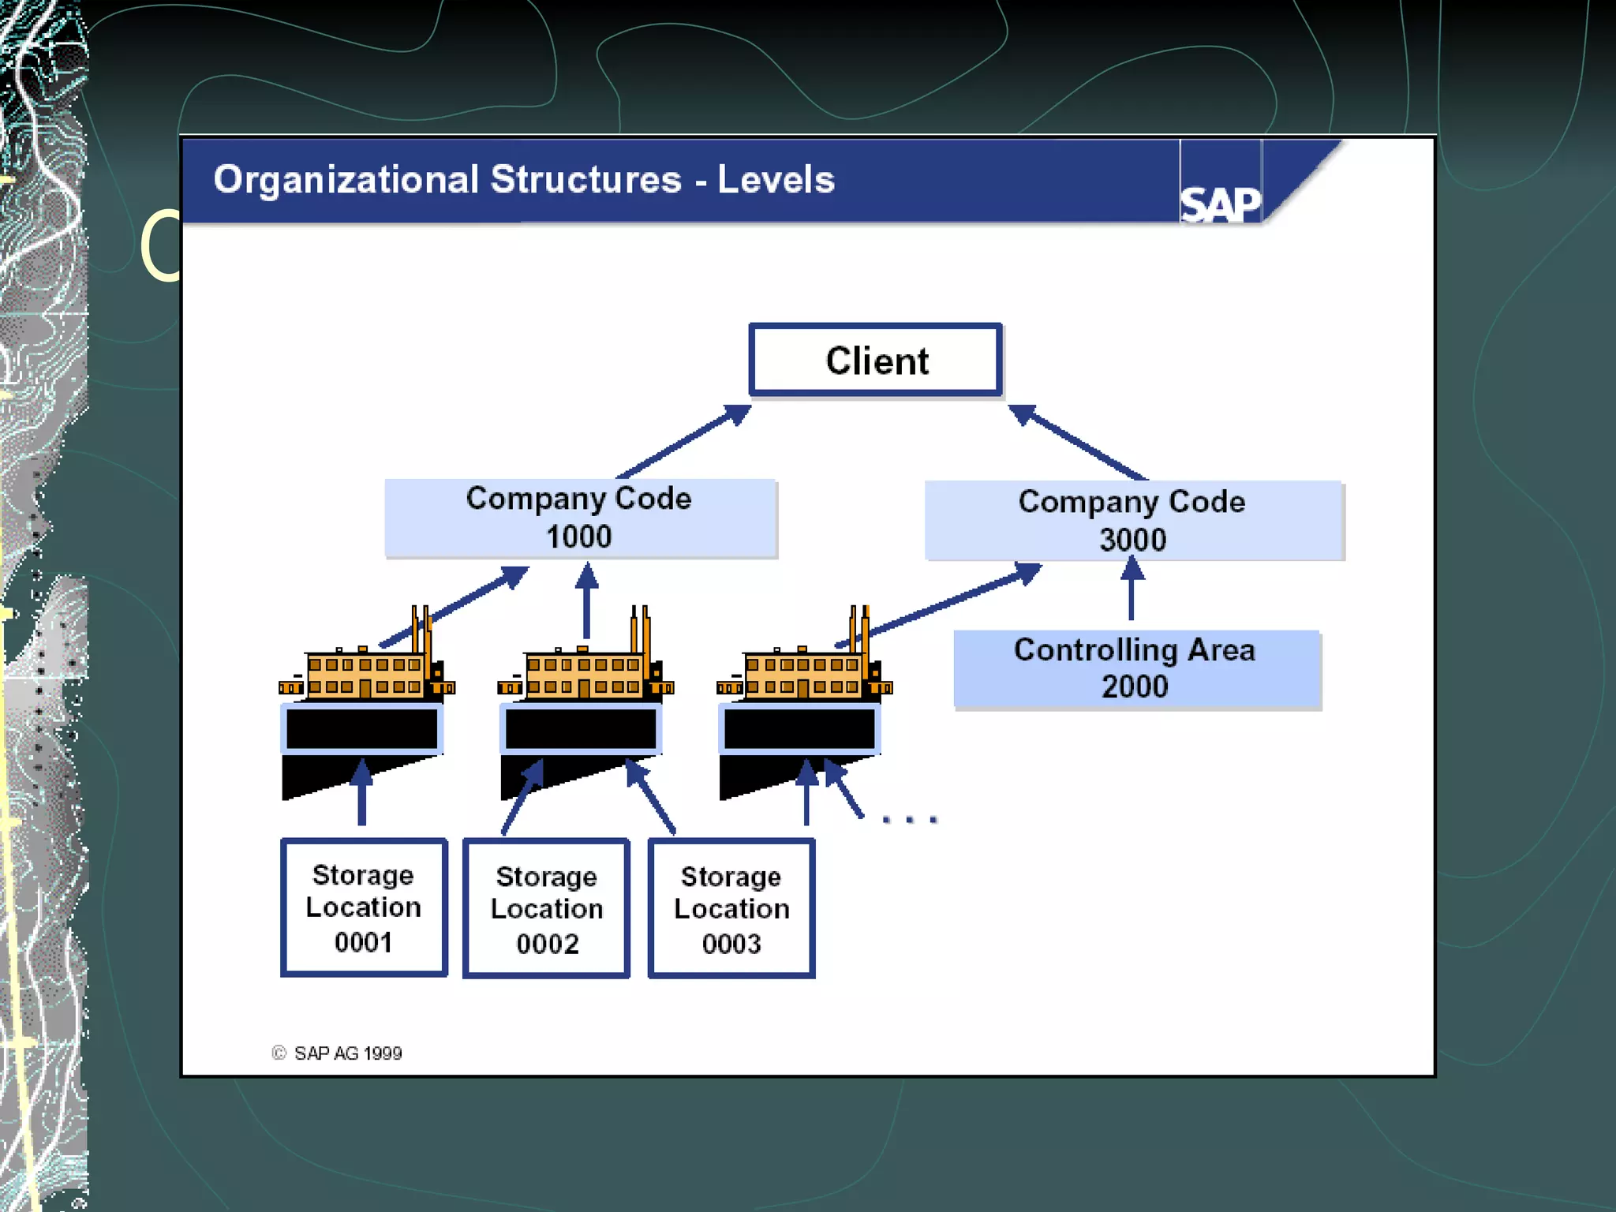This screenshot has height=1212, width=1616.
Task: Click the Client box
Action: pyautogui.click(x=875, y=360)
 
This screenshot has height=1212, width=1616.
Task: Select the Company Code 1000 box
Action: pyautogui.click(x=580, y=518)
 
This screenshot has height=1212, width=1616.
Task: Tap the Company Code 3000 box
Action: pyautogui.click(x=1133, y=520)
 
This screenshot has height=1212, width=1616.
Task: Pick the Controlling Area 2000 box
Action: pyautogui.click(x=1136, y=668)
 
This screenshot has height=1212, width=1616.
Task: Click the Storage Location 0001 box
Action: pyautogui.click(x=364, y=907)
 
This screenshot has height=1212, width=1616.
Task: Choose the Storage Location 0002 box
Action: pyautogui.click(x=546, y=909)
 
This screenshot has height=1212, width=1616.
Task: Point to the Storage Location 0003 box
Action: pyautogui.click(x=731, y=909)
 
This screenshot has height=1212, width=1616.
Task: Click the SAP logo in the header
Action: pyautogui.click(x=1220, y=204)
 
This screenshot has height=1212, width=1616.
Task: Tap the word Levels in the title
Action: pyautogui.click(x=776, y=180)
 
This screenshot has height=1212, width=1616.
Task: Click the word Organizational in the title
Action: pyautogui.click(x=346, y=180)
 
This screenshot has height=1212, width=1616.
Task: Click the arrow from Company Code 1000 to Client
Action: pyautogui.click(x=683, y=442)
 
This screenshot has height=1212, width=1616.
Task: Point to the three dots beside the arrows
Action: pyautogui.click(x=909, y=819)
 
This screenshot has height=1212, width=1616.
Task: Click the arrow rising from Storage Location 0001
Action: pyautogui.click(x=361, y=793)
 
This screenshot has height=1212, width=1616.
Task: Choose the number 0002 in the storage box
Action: pyautogui.click(x=547, y=944)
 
